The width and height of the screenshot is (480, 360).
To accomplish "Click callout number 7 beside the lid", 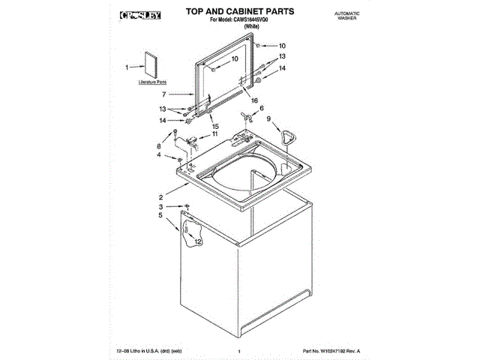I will tap(163, 94).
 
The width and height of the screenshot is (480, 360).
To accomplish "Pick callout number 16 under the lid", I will tap(254, 100).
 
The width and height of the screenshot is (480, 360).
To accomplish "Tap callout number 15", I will tap(215, 126).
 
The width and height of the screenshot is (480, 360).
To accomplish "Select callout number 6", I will tap(262, 109).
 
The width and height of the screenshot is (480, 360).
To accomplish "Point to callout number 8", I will tap(159, 146).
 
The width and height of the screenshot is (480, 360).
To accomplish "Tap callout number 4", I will tap(158, 155).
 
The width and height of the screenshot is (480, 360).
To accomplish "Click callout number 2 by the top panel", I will tap(160, 196).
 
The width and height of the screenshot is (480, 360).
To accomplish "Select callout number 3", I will tap(159, 206).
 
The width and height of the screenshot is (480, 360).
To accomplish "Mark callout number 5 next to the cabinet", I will tap(159, 216).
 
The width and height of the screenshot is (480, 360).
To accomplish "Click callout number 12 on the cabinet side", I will tap(198, 242).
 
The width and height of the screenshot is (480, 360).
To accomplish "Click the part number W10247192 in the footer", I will tap(331, 351).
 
